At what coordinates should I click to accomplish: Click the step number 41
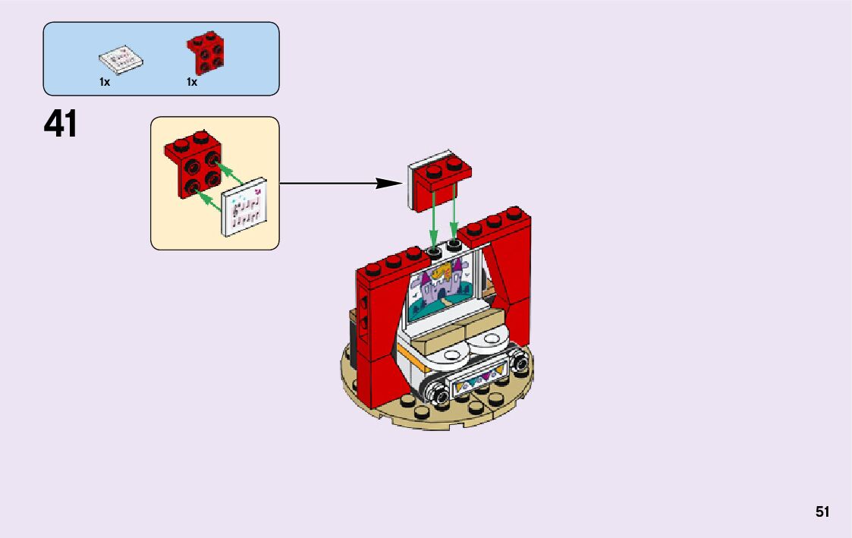[61, 124]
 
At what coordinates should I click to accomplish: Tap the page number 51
[822, 512]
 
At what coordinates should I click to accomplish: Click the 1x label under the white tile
[105, 82]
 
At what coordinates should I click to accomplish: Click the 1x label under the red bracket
[192, 82]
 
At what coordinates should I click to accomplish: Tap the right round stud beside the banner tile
[520, 364]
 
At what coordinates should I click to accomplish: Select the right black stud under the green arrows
[454, 244]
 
